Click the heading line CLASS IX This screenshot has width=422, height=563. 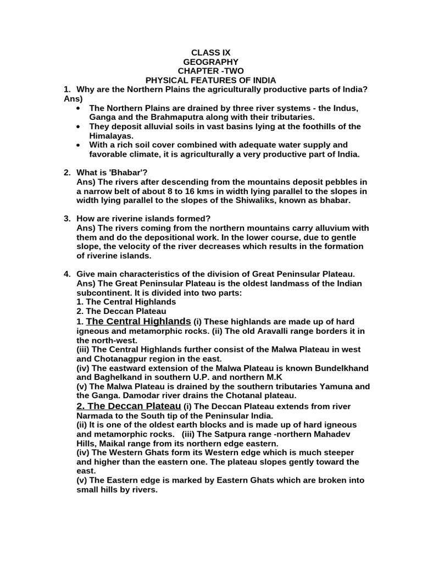point(211,53)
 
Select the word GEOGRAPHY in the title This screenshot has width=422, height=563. point(211,62)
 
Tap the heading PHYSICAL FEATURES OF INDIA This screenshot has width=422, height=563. point(211,80)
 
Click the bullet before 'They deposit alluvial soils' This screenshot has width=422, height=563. point(81,126)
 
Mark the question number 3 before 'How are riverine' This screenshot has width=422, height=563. point(66,218)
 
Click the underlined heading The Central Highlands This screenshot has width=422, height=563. point(138,321)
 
